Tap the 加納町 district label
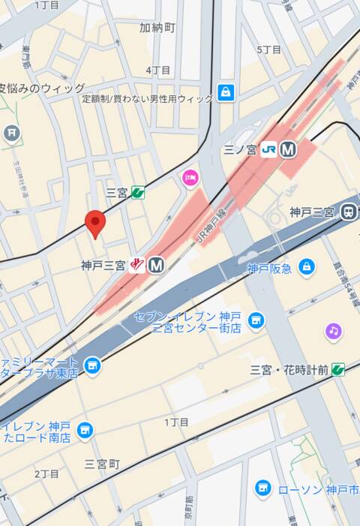click(x=157, y=28)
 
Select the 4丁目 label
click(x=158, y=70)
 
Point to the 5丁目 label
click(x=268, y=50)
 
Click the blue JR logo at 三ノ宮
click(x=268, y=149)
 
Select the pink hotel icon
click(x=190, y=177)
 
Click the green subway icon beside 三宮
click(x=137, y=192)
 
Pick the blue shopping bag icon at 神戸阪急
click(x=306, y=266)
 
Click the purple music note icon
click(x=334, y=330)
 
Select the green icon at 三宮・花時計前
click(x=338, y=369)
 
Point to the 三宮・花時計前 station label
click(x=289, y=370)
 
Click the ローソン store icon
click(x=262, y=489)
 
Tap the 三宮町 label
click(x=102, y=464)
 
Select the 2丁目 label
click(x=46, y=473)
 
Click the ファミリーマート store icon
click(x=93, y=365)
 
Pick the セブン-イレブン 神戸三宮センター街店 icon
click(x=256, y=320)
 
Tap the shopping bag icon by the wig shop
click(x=225, y=93)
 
